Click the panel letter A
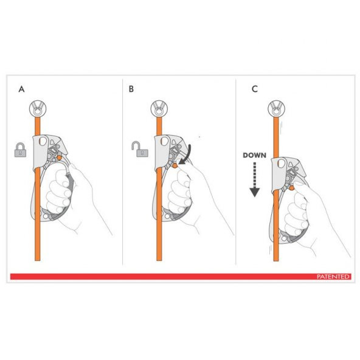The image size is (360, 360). [x=21, y=89]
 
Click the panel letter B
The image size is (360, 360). [x=131, y=89]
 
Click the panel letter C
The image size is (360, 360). [x=255, y=89]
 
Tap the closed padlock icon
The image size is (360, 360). [x=20, y=150]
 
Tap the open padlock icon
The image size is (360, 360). [x=140, y=149]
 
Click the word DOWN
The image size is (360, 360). [x=254, y=155]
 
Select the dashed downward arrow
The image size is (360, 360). [x=255, y=179]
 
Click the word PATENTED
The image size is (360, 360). [x=333, y=277]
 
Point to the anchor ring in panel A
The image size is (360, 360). [x=38, y=109]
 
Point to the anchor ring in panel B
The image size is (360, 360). [x=159, y=109]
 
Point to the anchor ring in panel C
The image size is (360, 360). [x=277, y=109]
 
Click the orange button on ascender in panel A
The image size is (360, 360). [x=59, y=157]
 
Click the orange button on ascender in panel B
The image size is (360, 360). [x=175, y=165]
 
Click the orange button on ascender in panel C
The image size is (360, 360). [x=291, y=188]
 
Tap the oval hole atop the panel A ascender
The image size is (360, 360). [x=43, y=141]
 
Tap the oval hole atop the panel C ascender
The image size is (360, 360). [x=281, y=164]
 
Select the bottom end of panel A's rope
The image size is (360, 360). [x=38, y=260]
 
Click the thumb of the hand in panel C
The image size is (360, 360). [x=301, y=186]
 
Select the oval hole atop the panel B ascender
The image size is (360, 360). [x=164, y=141]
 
